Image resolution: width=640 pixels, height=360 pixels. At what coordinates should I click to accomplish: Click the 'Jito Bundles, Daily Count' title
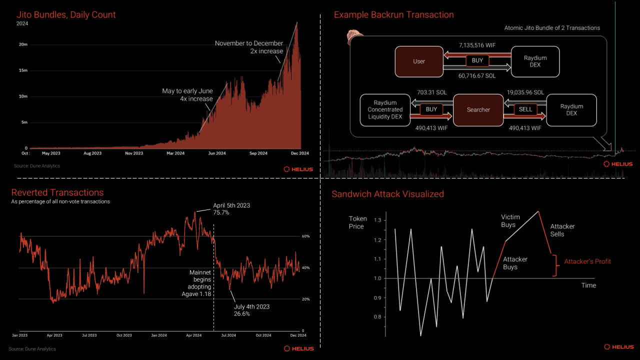coord(66,14)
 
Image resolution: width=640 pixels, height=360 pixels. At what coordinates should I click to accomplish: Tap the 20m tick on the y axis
coord(23,44)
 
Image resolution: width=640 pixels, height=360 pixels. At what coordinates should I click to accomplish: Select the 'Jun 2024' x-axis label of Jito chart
coord(215,153)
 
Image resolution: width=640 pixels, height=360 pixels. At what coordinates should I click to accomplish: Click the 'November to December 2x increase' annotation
coord(249,47)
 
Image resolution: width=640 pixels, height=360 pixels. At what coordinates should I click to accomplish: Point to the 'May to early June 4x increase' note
coord(187,94)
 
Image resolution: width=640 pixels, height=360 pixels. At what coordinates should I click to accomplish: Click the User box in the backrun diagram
coord(419,61)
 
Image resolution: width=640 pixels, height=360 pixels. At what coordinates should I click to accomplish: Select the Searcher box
coord(478,109)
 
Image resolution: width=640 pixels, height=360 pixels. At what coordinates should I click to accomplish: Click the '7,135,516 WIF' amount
coord(477,45)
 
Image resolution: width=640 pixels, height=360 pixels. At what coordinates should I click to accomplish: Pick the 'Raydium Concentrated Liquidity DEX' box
coord(384,109)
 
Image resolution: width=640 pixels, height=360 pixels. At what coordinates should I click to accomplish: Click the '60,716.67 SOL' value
coord(477,75)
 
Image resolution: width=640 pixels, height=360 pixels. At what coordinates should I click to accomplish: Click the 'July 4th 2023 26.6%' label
coord(252,310)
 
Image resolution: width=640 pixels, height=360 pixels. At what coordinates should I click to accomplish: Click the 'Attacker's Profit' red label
coord(587,261)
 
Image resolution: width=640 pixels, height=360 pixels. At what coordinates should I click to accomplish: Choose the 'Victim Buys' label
coord(510,221)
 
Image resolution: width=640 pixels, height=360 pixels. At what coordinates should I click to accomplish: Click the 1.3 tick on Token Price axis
coord(377,220)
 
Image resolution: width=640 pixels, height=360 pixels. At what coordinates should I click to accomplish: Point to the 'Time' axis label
coord(588,285)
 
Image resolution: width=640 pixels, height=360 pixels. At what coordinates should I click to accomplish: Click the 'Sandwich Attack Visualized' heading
coord(387,194)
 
